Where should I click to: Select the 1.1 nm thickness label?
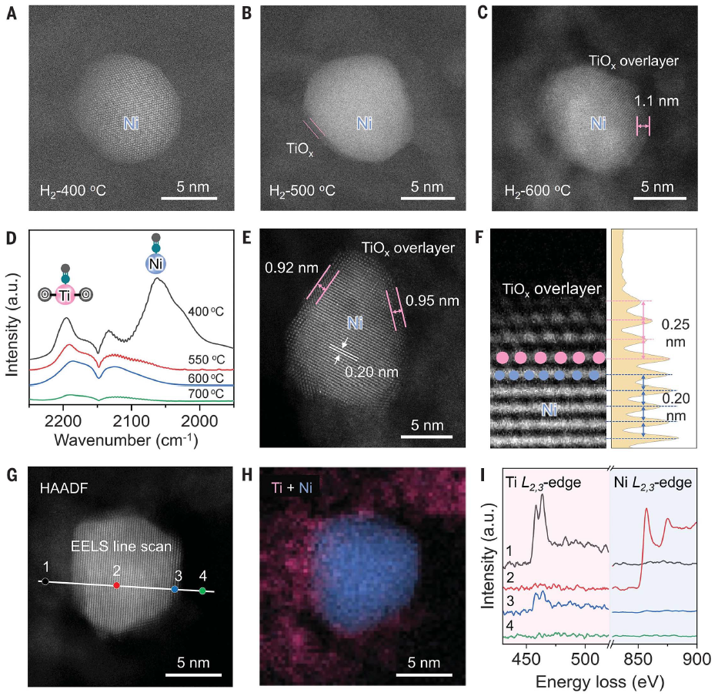pos(655,99)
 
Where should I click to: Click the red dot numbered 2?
pos(116,585)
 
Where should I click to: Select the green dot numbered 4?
pos(202,591)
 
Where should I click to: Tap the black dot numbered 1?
pos(45,581)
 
